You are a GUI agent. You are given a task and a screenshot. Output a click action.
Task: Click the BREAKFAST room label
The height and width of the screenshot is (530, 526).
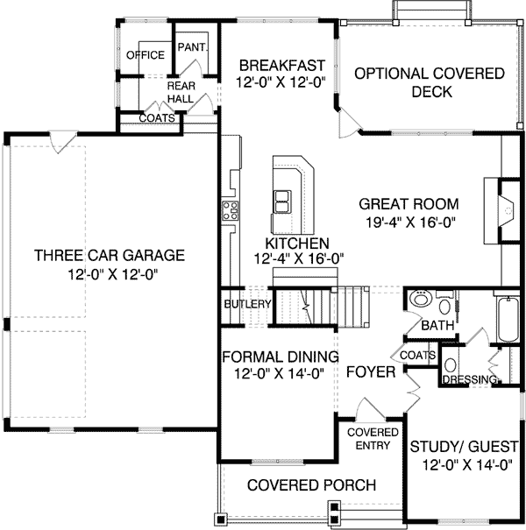click(281, 66)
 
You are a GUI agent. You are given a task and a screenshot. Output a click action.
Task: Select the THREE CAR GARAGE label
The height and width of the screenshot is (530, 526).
click(109, 256)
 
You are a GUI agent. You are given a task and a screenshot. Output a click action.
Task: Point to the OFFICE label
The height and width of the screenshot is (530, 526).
click(146, 55)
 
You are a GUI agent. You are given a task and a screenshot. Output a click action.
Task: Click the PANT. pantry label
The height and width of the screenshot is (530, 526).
click(191, 46)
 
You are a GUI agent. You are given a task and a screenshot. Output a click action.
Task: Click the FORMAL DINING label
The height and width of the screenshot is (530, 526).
click(280, 357)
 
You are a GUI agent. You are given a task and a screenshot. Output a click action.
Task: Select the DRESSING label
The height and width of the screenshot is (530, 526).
click(471, 379)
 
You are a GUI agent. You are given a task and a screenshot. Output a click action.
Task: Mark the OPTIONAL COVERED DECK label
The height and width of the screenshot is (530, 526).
click(429, 82)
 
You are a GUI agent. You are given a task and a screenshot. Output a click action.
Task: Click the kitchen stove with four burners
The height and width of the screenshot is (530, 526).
click(231, 210)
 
